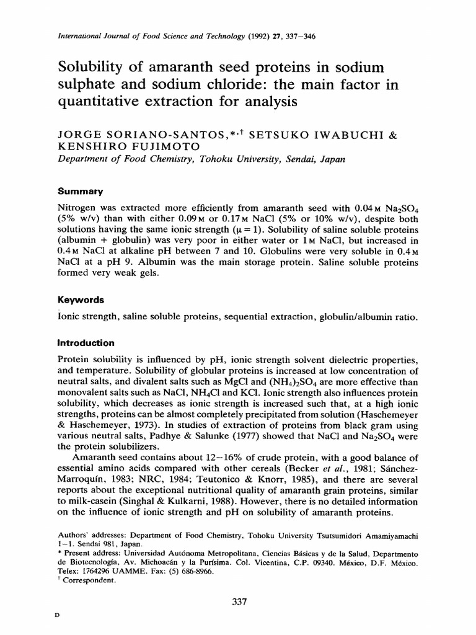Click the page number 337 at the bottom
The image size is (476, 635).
238,601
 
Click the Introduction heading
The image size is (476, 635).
86,342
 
